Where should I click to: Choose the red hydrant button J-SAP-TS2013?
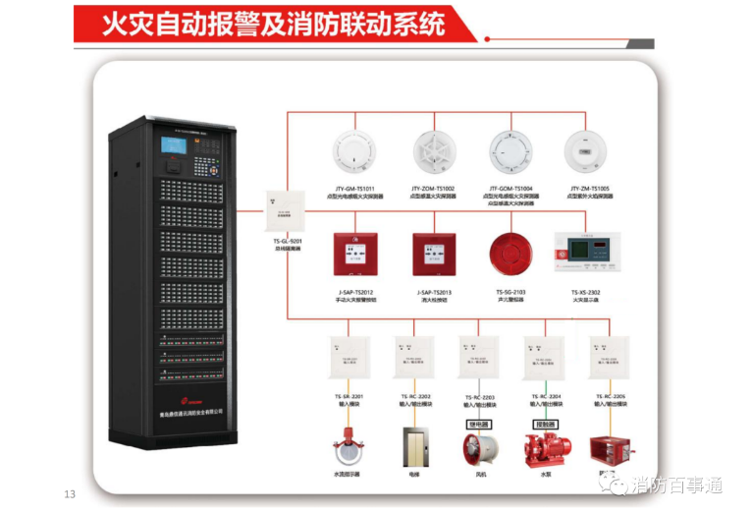click(433, 257)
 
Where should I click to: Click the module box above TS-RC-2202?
click(413, 360)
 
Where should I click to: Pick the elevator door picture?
click(413, 447)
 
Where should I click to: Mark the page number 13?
click(70, 493)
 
